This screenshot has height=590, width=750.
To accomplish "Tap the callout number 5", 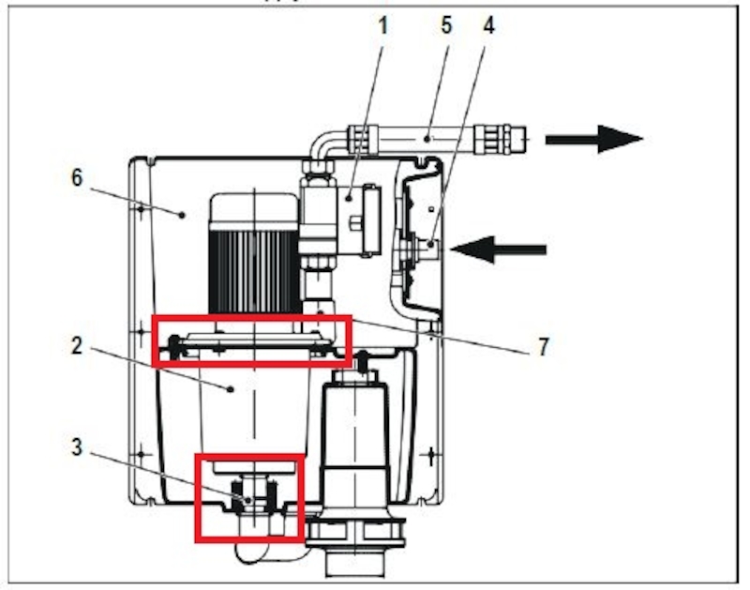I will (x=446, y=25).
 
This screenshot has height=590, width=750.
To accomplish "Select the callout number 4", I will (x=487, y=25).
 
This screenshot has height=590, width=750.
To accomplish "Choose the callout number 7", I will (x=543, y=348).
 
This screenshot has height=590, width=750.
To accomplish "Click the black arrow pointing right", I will (x=593, y=139).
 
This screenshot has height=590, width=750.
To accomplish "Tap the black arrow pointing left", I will (x=497, y=249).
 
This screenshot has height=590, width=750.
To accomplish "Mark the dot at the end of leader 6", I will (x=185, y=215).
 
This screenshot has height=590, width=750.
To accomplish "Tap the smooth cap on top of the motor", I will (x=251, y=208).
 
